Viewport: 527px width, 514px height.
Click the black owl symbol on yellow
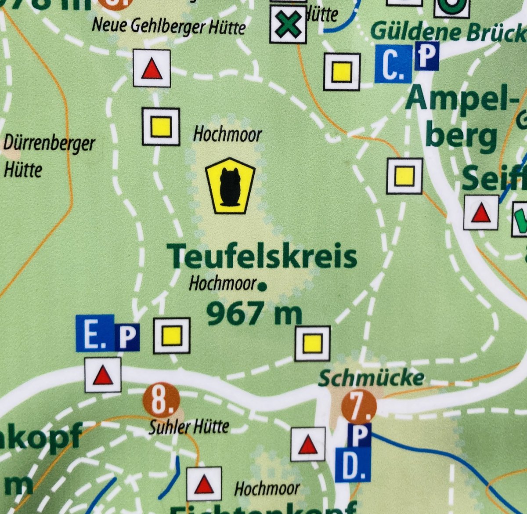click(x=230, y=186)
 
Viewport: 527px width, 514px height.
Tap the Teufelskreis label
click(x=262, y=257)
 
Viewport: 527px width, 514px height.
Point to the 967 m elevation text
click(x=254, y=314)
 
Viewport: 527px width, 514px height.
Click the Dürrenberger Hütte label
click(x=49, y=156)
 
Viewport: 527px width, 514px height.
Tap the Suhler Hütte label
click(x=188, y=426)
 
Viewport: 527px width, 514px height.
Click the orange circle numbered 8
click(x=161, y=400)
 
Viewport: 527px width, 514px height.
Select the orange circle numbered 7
click(x=359, y=406)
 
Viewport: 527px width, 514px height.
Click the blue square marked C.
click(x=393, y=64)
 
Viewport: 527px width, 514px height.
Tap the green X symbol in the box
click(x=288, y=25)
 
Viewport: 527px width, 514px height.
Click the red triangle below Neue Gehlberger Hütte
click(x=152, y=69)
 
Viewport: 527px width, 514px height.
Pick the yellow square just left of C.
click(x=342, y=72)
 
